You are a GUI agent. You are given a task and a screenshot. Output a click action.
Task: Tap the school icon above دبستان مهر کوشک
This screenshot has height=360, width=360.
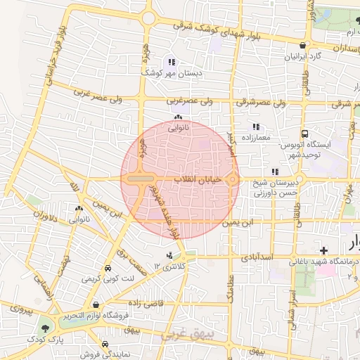click(x=172, y=63)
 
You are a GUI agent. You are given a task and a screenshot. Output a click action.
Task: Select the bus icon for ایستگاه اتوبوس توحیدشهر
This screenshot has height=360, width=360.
click(x=304, y=134)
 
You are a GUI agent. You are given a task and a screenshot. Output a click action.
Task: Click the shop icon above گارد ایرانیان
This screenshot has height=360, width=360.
click(x=302, y=45)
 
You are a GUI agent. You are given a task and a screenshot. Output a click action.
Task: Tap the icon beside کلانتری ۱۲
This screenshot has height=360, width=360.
click(x=169, y=255)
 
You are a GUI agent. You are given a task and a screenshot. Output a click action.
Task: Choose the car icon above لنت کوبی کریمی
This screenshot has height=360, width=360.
click(x=107, y=269)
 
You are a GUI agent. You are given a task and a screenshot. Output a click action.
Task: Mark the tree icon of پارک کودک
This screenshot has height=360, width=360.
click(x=46, y=327)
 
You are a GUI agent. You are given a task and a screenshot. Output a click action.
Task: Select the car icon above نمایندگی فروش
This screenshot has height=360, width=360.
click(x=105, y=345)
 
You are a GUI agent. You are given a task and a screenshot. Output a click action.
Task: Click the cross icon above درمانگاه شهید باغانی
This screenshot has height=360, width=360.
click(x=323, y=251)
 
